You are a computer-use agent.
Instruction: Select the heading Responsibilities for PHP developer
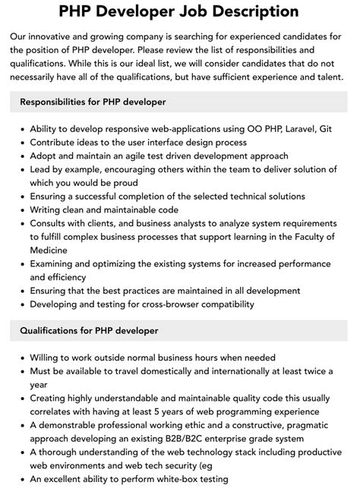[93, 101]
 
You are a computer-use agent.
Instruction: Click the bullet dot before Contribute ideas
[20, 142]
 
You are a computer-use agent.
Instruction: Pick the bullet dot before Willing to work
[20, 357]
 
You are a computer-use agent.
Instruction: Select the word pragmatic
[313, 424]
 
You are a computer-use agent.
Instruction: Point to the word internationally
[216, 370]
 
